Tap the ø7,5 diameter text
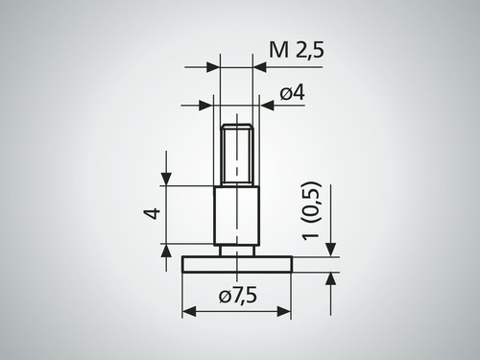(237, 297)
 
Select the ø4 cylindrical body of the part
(236, 216)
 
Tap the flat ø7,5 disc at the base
(236, 262)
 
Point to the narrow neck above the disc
(236, 250)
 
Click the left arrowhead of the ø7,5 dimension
(188, 313)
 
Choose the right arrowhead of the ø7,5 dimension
(285, 313)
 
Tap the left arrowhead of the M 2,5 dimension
(213, 67)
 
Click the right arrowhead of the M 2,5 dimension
(259, 67)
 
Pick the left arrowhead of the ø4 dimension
(204, 105)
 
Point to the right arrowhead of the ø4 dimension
(268, 105)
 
